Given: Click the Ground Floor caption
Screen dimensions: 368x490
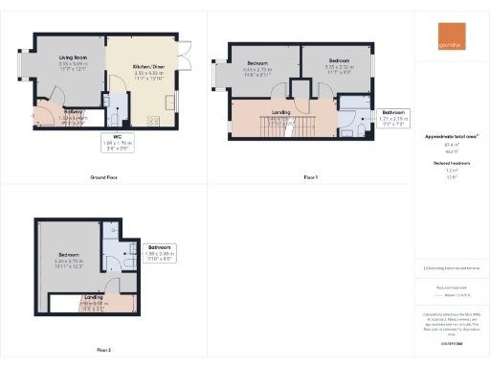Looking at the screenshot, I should [104, 178].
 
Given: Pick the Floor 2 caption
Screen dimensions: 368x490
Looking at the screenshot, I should [102, 350].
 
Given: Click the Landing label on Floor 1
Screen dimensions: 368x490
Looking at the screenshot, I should [281, 112].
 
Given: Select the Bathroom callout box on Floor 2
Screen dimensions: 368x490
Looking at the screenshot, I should [160, 252].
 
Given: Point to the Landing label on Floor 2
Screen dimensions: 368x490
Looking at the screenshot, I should [94, 301].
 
